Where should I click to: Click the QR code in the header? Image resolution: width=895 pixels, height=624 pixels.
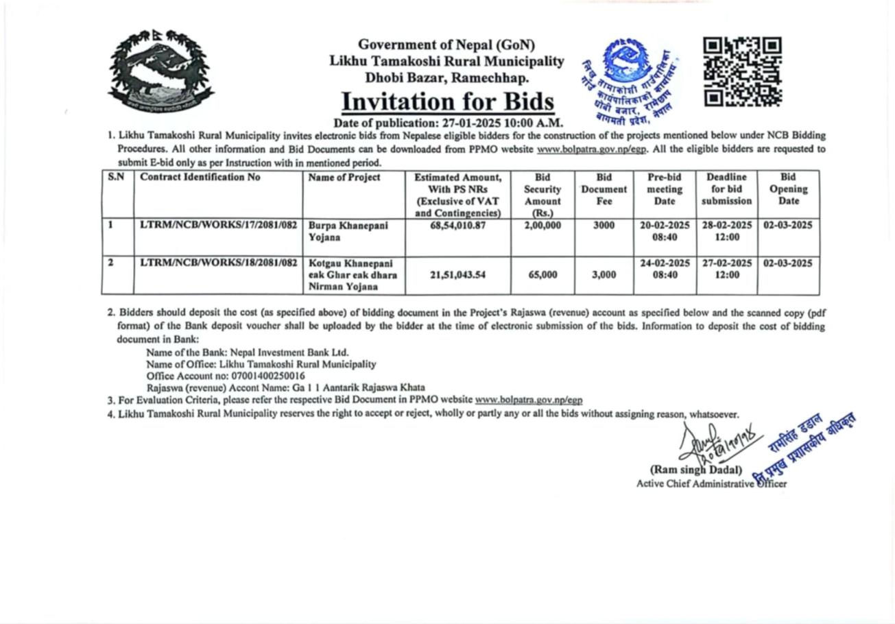(743, 72)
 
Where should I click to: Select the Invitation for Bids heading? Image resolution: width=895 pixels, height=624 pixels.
(447, 101)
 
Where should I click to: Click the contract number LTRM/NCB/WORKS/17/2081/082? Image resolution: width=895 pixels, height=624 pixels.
(219, 225)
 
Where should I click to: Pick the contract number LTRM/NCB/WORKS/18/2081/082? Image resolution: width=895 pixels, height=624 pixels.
(219, 263)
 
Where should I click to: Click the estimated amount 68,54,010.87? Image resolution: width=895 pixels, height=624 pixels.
(457, 225)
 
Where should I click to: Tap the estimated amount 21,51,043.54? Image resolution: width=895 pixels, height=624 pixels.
(457, 275)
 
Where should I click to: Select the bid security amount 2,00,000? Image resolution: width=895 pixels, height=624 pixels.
(542, 225)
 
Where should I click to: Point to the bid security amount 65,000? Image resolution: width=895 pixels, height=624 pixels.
(542, 275)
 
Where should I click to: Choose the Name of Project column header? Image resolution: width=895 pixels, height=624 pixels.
(344, 178)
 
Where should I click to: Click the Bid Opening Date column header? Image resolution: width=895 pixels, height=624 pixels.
(788, 189)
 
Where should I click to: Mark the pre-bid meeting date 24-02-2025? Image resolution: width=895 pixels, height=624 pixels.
(665, 263)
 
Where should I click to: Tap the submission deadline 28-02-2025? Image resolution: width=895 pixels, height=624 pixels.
(726, 225)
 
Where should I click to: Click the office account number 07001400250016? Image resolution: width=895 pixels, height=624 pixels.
(268, 376)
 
